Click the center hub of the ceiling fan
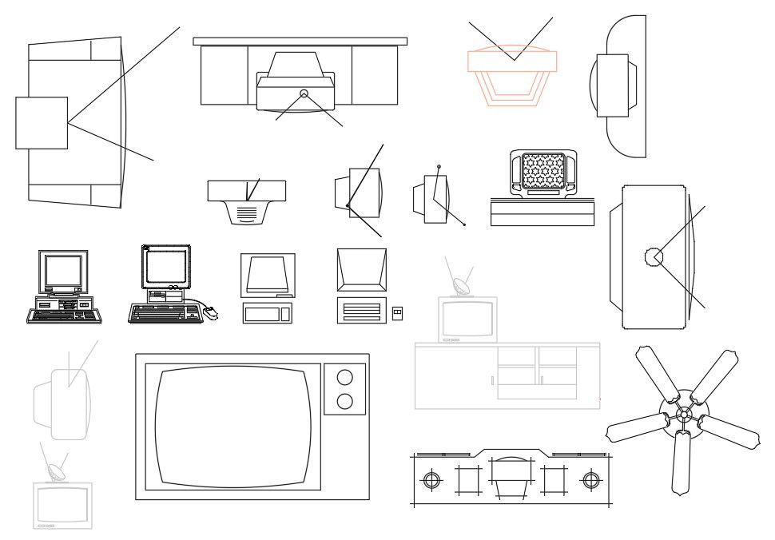click(683, 414)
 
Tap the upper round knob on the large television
click(345, 377)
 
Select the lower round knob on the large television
click(345, 401)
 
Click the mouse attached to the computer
click(210, 313)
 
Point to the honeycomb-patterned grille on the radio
click(543, 171)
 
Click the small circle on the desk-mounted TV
click(304, 93)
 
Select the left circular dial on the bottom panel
click(431, 480)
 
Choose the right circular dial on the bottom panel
click(591, 480)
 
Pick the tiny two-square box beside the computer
click(398, 312)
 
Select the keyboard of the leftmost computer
click(65, 316)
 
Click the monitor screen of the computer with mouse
click(166, 267)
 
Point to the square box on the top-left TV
click(42, 123)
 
